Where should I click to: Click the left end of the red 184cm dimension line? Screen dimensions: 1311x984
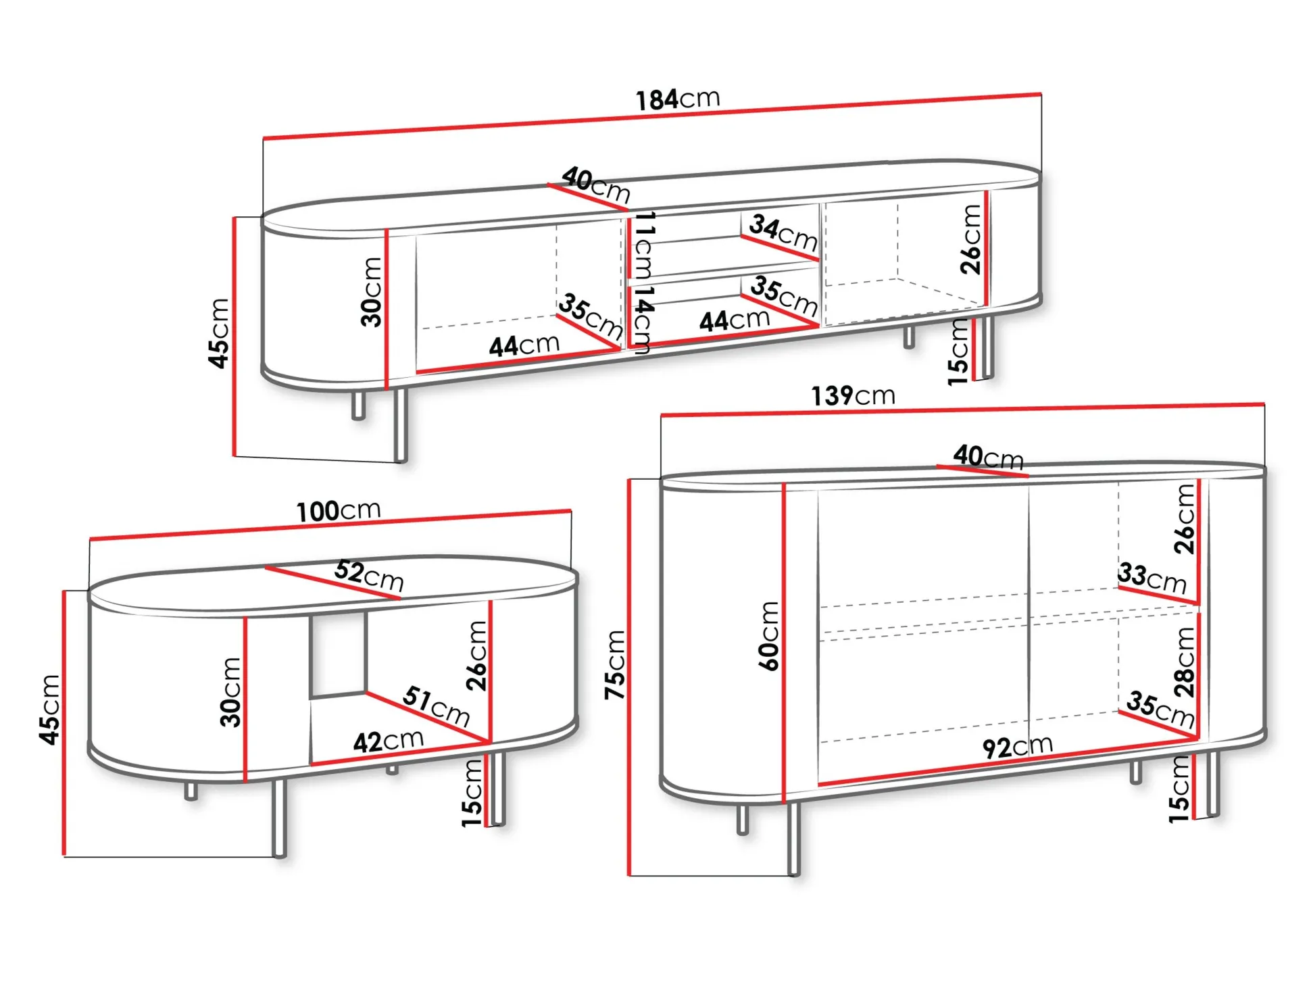[x=264, y=139]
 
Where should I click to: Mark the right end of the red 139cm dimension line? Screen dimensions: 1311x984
[x=1264, y=404]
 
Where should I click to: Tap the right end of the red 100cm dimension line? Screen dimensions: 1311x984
[x=571, y=511]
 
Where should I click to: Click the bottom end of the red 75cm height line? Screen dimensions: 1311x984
[x=629, y=875]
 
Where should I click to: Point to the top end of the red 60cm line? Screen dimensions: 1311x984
[x=784, y=484]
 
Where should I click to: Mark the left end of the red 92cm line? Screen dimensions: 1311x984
[x=819, y=785]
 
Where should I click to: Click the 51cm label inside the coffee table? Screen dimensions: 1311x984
[x=437, y=705]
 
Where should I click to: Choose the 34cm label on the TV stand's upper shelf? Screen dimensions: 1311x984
[x=784, y=232]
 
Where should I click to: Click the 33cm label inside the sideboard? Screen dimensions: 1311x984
[x=1152, y=578]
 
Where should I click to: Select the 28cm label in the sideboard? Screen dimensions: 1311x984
[x=1185, y=662]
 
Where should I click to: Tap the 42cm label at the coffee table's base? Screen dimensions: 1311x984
[x=389, y=741]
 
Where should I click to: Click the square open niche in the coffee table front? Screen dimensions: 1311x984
[x=339, y=654]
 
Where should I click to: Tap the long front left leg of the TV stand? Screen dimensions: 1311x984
[x=401, y=425]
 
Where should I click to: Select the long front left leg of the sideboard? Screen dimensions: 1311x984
[x=794, y=838]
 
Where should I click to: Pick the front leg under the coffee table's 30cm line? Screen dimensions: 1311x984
[x=279, y=818]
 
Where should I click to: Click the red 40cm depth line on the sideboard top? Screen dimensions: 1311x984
[x=983, y=471]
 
